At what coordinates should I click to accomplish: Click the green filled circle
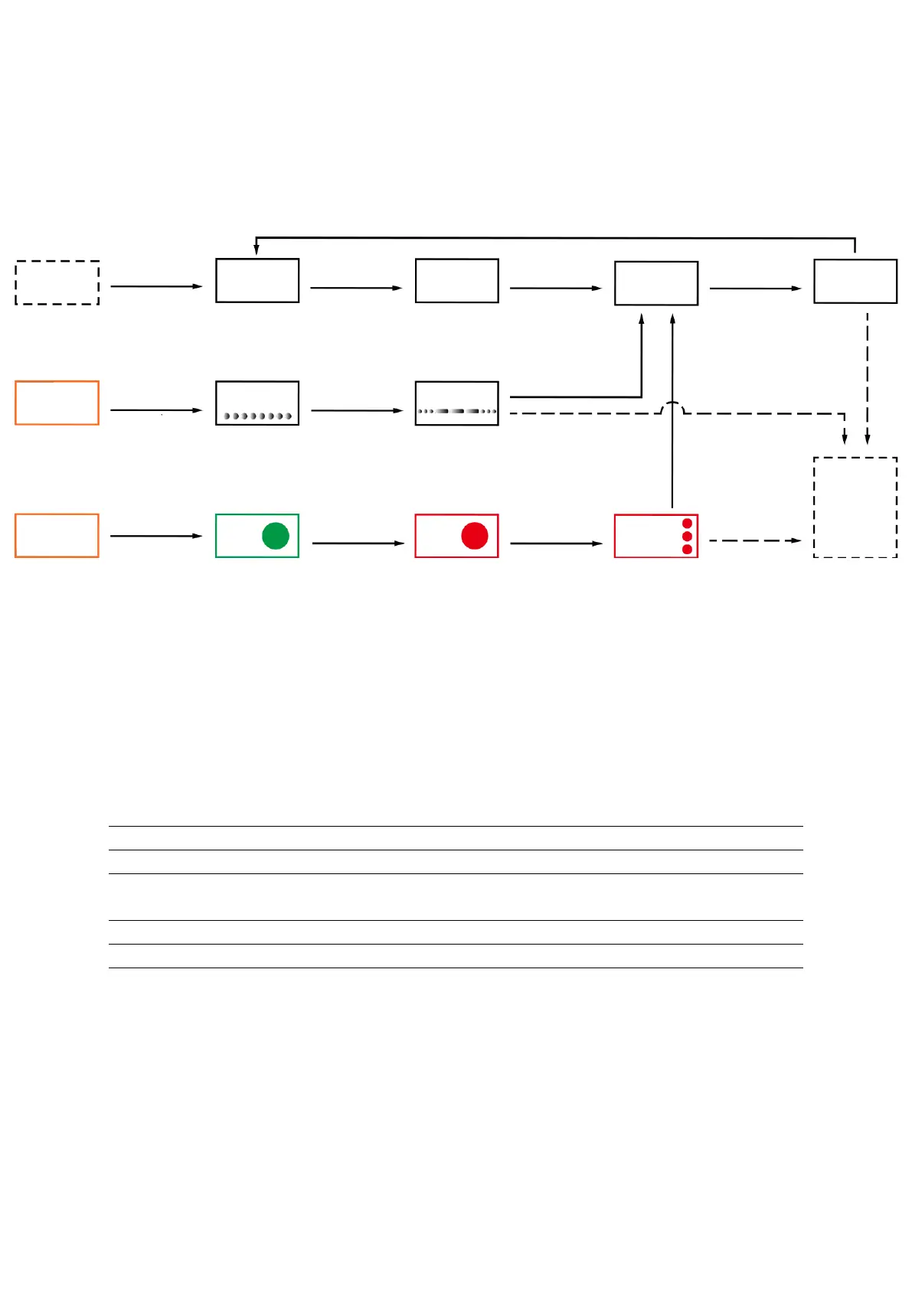[x=275, y=536]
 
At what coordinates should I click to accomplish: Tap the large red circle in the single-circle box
[x=475, y=536]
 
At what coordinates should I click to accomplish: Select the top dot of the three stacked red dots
[x=687, y=524]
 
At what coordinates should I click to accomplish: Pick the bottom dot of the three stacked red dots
[x=687, y=549]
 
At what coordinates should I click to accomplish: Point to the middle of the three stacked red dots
[x=687, y=536]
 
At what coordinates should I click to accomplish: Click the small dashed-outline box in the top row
[x=57, y=282]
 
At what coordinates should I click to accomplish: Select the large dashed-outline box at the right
[x=855, y=507]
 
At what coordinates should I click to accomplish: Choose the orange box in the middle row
[x=57, y=403]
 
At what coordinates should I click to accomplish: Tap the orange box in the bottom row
[x=57, y=536]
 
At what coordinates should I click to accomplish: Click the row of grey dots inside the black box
[x=257, y=416]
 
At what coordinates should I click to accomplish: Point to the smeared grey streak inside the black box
[x=457, y=411]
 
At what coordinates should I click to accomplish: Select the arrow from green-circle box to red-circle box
[x=358, y=543]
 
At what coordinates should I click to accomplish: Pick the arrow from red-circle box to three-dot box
[x=556, y=543]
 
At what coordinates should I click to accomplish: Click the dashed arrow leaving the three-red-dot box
[x=754, y=540]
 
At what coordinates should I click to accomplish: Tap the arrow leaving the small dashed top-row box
[x=156, y=286]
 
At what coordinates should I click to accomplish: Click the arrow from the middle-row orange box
[x=156, y=410]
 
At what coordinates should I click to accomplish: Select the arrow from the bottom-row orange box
[x=156, y=536]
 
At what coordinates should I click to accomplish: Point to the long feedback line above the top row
[x=555, y=238]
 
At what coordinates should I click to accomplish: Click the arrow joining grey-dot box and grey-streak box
[x=356, y=411]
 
